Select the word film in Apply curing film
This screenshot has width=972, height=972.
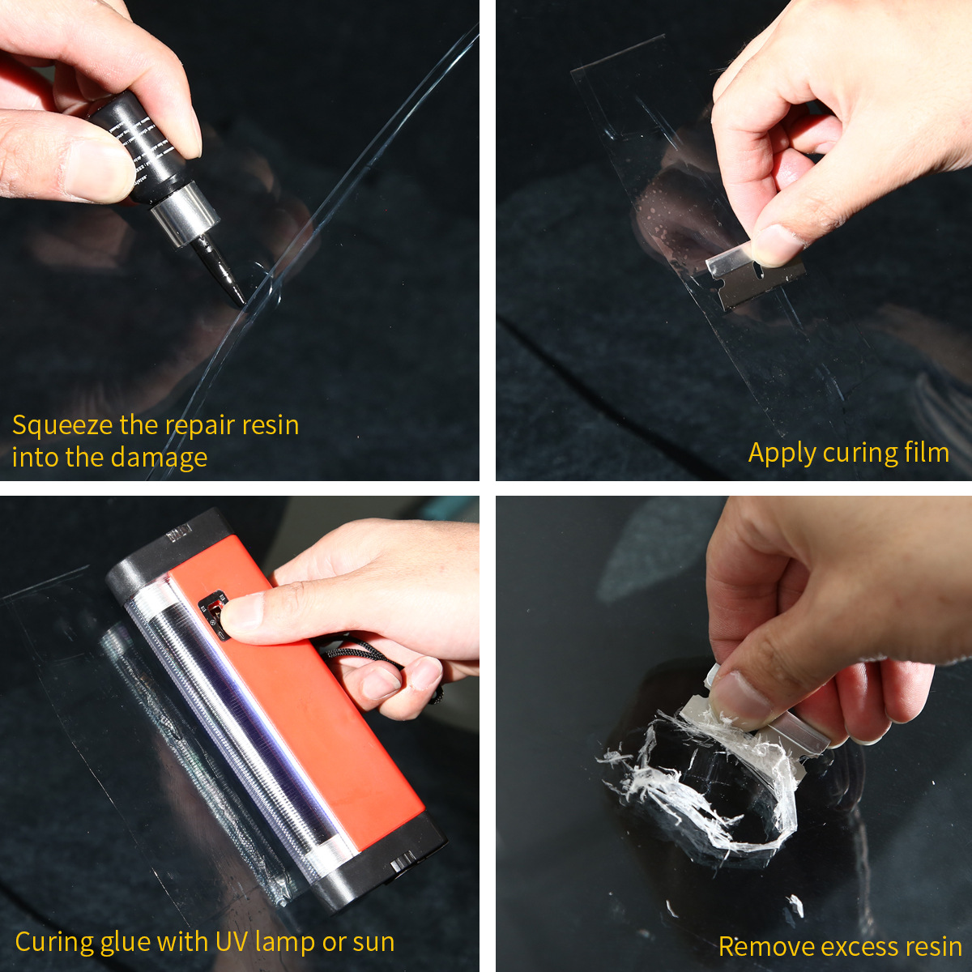coord(927,452)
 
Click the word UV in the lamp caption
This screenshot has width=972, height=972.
coord(232,941)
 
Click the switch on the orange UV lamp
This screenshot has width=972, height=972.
coord(215,616)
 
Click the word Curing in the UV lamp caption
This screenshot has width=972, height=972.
coord(53,942)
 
